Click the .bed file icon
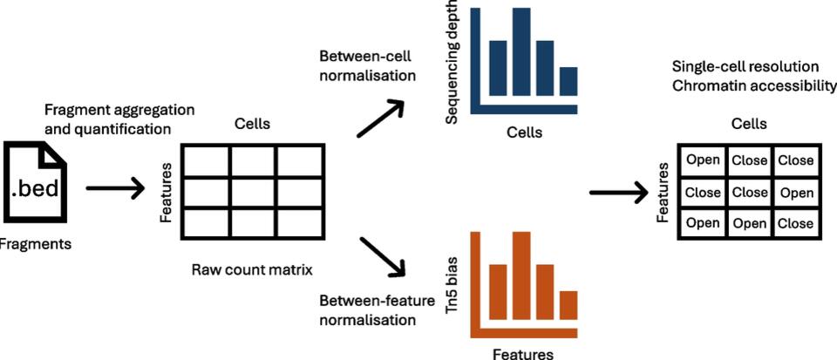pos(36,183)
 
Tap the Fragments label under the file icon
pos(35,245)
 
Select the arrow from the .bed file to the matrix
pos(114,187)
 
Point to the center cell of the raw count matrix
pos(253,192)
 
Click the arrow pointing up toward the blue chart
pos(381,117)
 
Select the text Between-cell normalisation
pos(365,65)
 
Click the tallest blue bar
pos(521,51)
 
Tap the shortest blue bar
pos(568,82)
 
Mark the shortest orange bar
pos(568,304)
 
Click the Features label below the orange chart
pos(522,353)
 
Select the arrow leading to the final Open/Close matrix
pos(618,191)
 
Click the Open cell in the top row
pos(703,160)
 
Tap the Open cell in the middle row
pos(795,192)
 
